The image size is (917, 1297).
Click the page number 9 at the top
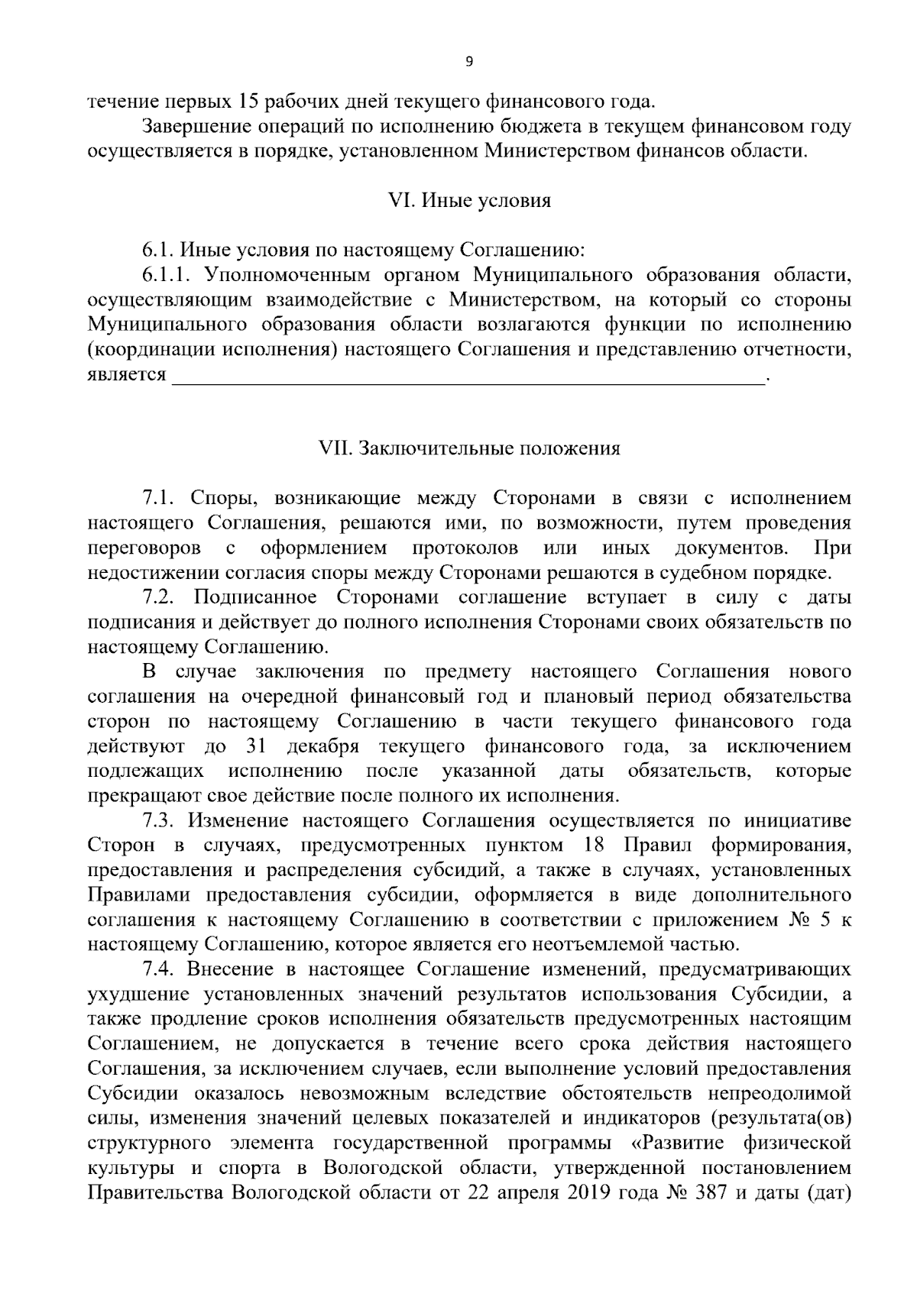pyautogui.click(x=469, y=62)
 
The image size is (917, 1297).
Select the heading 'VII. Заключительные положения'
pyautogui.click(x=469, y=448)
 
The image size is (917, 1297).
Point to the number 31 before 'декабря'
pyautogui.click(x=256, y=746)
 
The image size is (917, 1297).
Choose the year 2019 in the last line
pyautogui.click(x=587, y=1193)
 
